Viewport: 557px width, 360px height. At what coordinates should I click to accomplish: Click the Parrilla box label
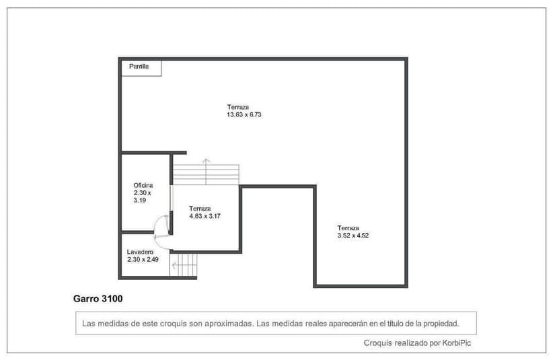pos(139,67)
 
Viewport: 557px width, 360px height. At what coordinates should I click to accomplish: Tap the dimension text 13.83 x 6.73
pos(244,115)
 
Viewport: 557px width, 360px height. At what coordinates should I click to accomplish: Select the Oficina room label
pos(143,185)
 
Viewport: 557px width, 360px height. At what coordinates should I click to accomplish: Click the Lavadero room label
pos(140,252)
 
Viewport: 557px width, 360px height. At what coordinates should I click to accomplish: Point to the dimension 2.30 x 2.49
pos(143,259)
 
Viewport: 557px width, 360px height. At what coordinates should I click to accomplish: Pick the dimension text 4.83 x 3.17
pos(205,216)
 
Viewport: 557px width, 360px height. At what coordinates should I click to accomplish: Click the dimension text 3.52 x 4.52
pos(353,236)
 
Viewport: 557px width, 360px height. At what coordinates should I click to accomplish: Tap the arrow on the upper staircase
pos(206,161)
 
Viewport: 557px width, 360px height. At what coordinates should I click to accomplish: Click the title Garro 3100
pos(98,297)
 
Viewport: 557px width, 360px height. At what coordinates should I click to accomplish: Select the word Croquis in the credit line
pos(377,343)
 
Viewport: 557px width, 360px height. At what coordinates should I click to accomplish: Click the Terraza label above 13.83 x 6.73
pos(238,107)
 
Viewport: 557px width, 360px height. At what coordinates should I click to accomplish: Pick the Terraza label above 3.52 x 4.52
pos(348,227)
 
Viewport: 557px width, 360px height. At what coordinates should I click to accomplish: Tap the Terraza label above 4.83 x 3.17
pos(200,208)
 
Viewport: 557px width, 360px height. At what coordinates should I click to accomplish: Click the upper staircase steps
pos(206,174)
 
